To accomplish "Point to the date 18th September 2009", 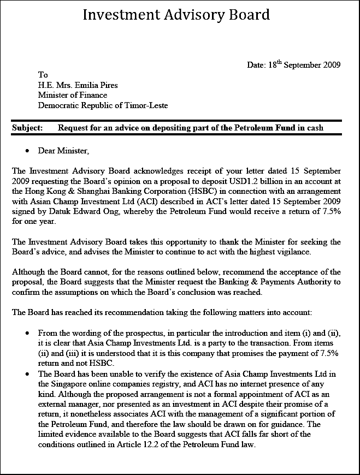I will (304, 65).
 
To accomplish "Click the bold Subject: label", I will (27, 128).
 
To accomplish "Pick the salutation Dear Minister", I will (63, 150).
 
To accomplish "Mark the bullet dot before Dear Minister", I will (27, 150).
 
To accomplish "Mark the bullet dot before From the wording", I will (27, 333).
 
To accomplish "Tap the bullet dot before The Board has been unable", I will (27, 374).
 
